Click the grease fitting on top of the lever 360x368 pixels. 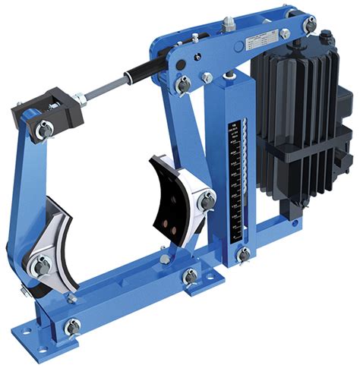tap(227, 26)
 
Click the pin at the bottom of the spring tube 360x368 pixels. tap(243, 254)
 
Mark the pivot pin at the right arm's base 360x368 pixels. tap(190, 275)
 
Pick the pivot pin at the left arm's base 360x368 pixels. tap(72, 327)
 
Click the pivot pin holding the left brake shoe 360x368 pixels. tap(40, 265)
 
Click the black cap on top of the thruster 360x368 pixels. tap(328, 39)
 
